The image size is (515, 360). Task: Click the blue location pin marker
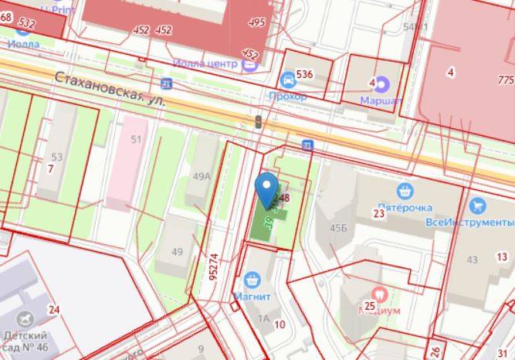pos(267,188)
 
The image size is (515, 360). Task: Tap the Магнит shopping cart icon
pos(251,280)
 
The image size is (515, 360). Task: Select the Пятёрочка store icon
pos(404,191)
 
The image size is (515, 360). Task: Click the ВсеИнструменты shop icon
pos(477,206)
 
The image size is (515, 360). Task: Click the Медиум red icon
pos(379,294)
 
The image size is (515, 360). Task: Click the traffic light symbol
pos(258,121)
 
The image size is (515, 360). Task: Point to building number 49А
pos(202,176)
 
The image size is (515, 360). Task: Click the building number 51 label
pos(136,139)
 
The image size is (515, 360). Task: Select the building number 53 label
pos(56,157)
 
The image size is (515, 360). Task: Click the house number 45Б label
pos(338,227)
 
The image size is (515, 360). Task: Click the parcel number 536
pos(304,74)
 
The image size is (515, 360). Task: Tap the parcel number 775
pos(507,80)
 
